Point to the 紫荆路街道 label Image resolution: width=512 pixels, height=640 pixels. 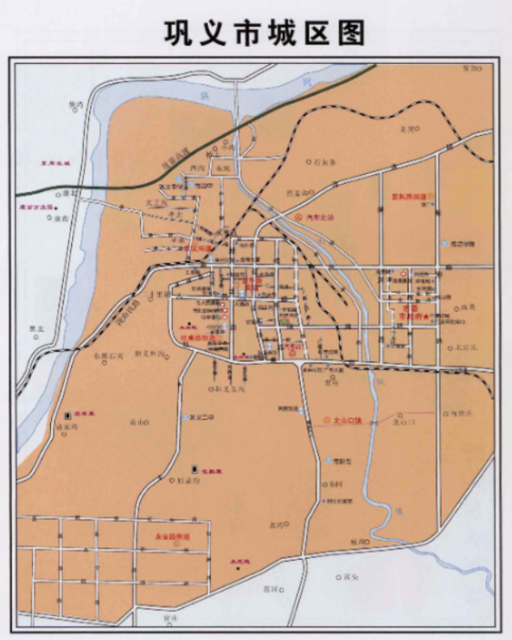tap(408, 197)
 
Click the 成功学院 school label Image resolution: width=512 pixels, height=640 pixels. tap(463, 244)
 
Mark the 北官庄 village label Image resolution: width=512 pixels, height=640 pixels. tap(464, 346)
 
